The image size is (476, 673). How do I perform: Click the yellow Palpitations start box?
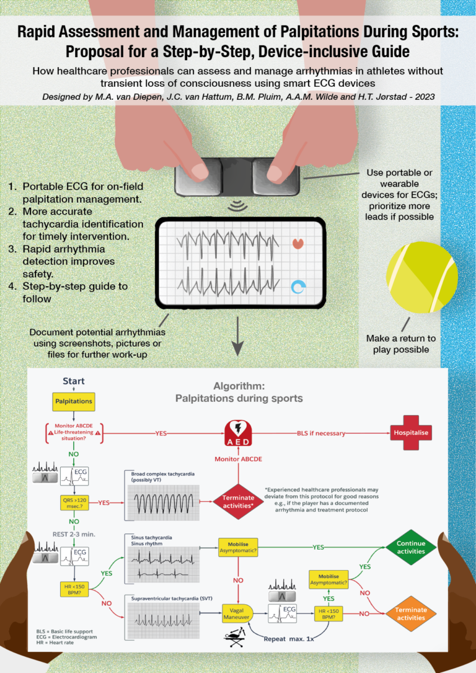point(74,401)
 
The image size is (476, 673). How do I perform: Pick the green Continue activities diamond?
point(407,547)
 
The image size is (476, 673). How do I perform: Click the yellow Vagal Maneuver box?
point(235,614)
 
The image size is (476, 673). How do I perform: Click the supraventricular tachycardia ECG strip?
point(162,617)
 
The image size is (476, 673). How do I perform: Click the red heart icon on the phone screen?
point(298,242)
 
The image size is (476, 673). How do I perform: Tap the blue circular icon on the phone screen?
point(298,287)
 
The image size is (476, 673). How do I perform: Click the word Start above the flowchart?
point(74,381)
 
